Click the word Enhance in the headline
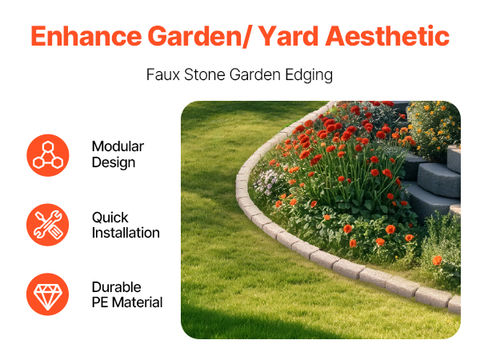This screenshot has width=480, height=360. coord(86,36)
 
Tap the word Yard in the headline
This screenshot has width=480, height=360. coord(288,36)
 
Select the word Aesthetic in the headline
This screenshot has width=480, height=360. coord(387,36)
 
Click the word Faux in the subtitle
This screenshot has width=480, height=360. coord(163,74)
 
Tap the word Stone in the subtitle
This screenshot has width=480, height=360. coord(205,74)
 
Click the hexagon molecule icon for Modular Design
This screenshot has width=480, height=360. coord(48,155)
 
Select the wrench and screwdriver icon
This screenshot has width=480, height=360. coord(48,225)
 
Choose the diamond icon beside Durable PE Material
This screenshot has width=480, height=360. coord(48,294)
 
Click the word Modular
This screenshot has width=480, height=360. coord(118,146)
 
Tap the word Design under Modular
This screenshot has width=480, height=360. coord(114,163)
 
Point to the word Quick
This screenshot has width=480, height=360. coord(110,218)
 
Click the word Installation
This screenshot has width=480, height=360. coord(126,233)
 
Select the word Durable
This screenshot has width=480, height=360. coord(116,287)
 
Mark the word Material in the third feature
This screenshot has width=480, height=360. coord(137,302)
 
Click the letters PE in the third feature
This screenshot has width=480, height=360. coord(100,302)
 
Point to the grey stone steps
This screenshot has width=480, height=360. coord(432,181)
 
